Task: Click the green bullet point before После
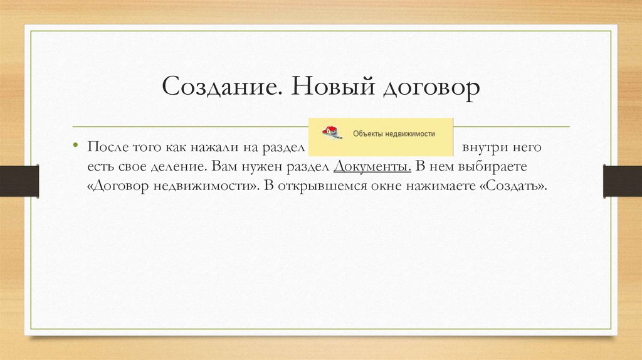(75, 146)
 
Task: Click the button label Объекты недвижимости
(394, 134)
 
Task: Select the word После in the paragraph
(108, 149)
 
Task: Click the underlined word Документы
(373, 168)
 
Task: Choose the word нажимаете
(446, 187)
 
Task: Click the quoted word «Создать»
(517, 187)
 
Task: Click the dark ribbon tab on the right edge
(623, 181)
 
